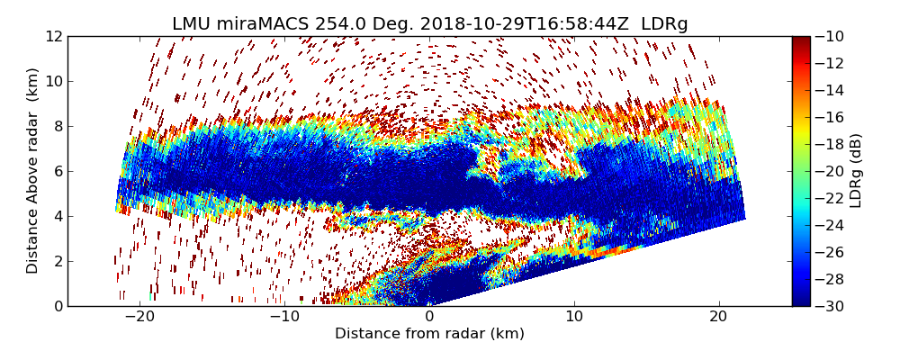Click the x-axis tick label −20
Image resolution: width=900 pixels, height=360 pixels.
tap(139, 317)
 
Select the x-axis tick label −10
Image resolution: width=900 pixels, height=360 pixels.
tap(284, 317)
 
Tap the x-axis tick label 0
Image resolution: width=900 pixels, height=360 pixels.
tap(429, 317)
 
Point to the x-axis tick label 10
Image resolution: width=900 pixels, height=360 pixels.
tap(574, 317)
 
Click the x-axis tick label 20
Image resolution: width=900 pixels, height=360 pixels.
tap(718, 317)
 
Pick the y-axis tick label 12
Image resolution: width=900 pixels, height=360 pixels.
tap(52, 36)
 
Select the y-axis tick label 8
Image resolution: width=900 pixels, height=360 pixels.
tap(56, 126)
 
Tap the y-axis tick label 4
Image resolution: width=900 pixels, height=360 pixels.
tap(56, 216)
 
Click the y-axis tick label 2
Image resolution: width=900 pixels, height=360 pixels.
tap(56, 261)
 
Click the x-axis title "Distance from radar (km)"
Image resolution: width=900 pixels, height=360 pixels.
tap(429, 334)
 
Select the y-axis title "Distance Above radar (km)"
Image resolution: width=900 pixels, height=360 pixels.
tap(32, 171)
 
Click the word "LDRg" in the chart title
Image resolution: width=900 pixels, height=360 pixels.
tap(664, 24)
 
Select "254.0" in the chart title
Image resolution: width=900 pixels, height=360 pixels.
tap(317, 24)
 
